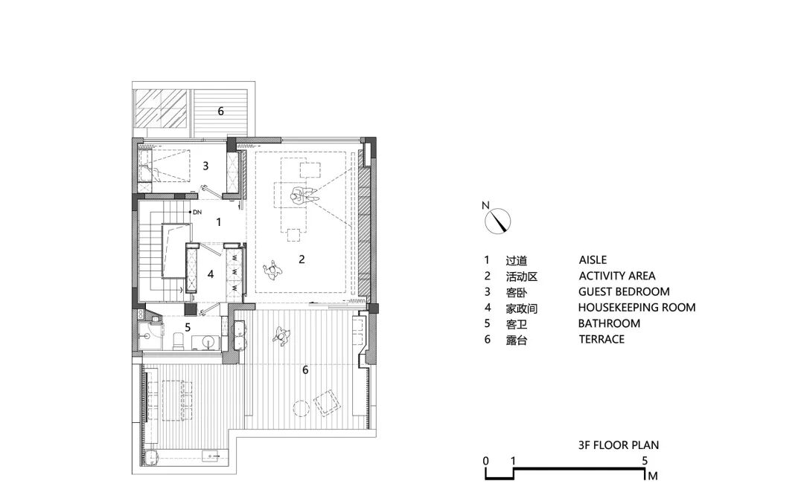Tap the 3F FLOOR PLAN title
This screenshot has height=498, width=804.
coord(618,445)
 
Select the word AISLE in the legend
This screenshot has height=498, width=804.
coord(593,260)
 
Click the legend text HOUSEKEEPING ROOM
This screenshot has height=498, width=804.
coord(636,307)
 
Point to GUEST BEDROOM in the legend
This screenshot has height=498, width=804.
coord(623,291)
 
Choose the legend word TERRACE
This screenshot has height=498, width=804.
coord(602,339)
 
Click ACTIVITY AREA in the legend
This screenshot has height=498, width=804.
coord(617,276)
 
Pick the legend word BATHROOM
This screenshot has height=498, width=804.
coord(609,323)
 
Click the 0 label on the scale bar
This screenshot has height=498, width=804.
coord(485,461)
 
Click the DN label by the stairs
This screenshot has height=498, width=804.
coord(197,213)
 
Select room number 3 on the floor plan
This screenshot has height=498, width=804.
coord(206,166)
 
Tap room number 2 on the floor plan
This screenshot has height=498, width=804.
coord(301,259)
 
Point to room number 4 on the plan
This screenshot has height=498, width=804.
coord(211,274)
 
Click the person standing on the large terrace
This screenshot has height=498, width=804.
coord(282,336)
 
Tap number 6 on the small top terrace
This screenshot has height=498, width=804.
coord(220,111)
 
